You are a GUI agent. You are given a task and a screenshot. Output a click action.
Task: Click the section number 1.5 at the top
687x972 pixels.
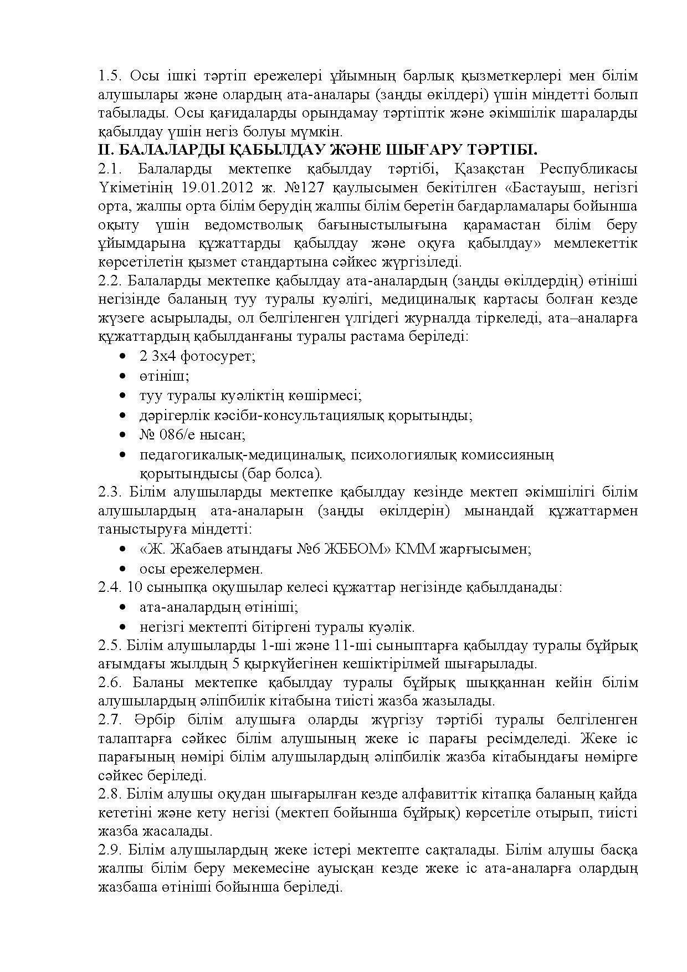point(110,76)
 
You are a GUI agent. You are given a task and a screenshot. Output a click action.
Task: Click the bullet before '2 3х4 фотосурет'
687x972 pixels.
point(122,356)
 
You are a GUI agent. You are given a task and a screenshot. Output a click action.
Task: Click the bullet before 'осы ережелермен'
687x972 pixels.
point(122,569)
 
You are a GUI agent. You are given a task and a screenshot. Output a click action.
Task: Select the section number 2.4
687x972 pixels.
point(110,587)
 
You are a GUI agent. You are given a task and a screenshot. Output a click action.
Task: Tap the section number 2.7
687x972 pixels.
point(110,720)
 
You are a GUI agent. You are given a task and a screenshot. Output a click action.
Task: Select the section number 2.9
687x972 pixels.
point(110,850)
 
